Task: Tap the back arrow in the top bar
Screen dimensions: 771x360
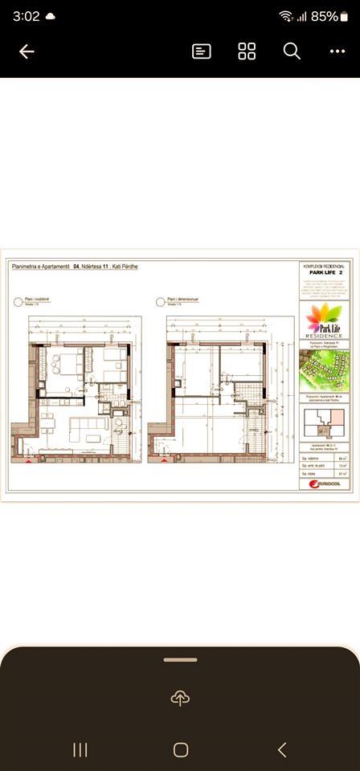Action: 27,51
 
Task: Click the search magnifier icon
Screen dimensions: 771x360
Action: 292,51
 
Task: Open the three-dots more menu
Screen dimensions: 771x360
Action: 337,51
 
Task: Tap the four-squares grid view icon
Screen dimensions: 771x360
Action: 247,51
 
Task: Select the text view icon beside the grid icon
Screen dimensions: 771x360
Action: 202,51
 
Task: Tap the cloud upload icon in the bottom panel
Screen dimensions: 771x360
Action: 180,698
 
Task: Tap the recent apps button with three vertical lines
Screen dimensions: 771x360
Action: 80,750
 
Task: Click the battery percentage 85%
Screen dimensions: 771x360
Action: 325,16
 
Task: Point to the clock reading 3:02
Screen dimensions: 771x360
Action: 26,16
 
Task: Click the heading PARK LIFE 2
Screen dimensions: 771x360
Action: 325,272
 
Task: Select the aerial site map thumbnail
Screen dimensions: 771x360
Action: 325,370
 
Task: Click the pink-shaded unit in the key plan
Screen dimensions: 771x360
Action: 333,417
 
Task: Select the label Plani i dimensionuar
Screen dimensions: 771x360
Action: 186,303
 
